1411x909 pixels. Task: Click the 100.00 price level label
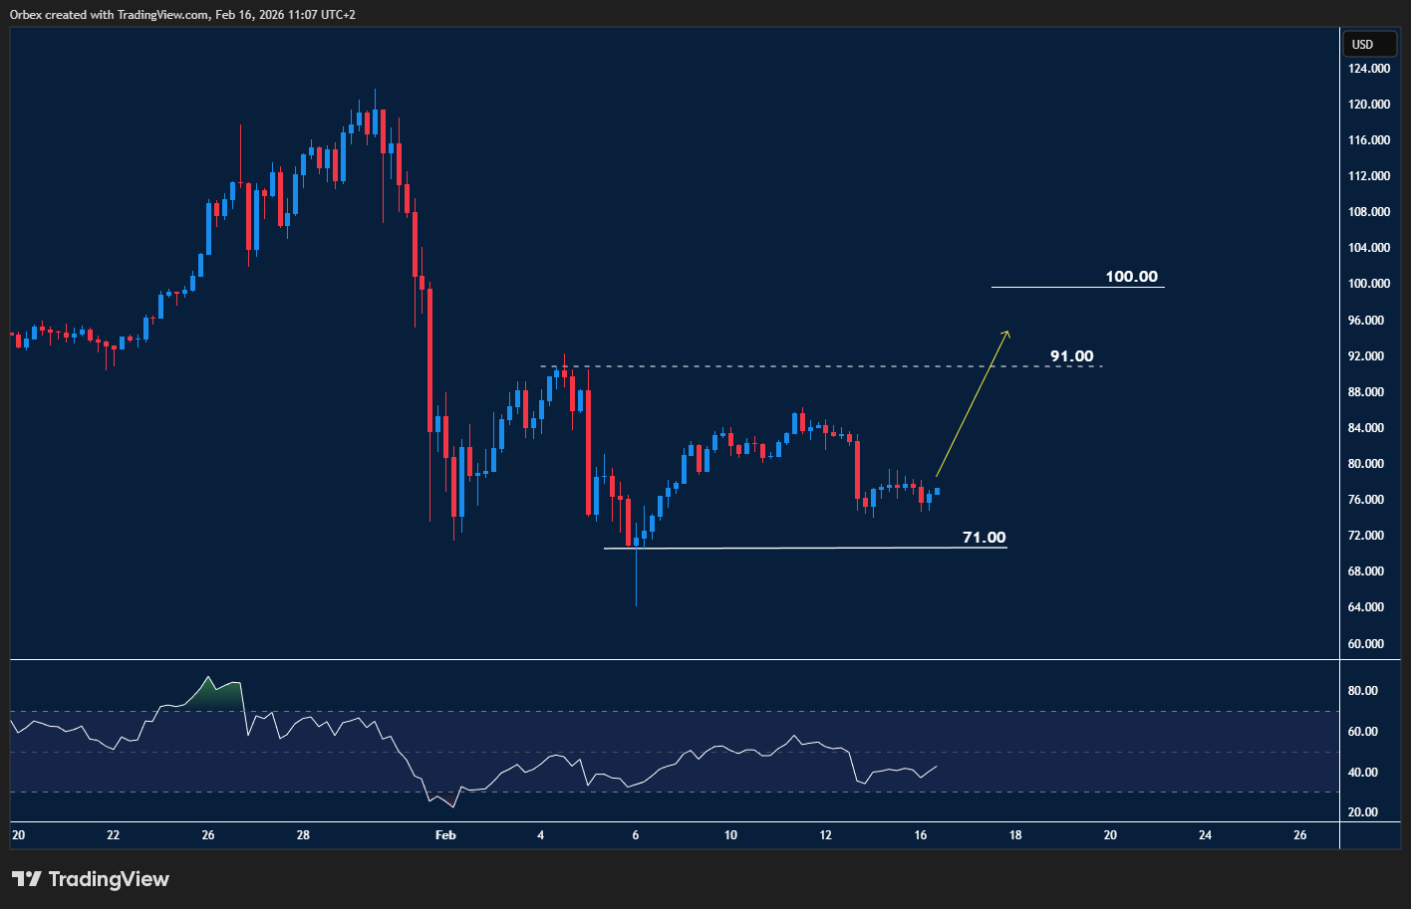[x=1131, y=277]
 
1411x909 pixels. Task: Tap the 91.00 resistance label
[x=1071, y=356]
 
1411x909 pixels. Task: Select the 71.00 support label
[x=984, y=538]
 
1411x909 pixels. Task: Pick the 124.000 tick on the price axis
[x=1369, y=69]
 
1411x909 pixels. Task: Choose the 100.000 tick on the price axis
[x=1369, y=284]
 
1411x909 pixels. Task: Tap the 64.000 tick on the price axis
[x=1369, y=607]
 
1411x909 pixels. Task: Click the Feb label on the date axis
[x=445, y=835]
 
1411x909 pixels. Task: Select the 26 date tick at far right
[x=1299, y=835]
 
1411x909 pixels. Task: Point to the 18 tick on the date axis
[x=1014, y=835]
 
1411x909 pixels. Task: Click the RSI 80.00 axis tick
[x=1362, y=691]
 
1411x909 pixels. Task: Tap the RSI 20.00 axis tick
[x=1362, y=812]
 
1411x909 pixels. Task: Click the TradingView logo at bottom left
[x=91, y=879]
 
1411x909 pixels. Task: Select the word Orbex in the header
[x=26, y=15]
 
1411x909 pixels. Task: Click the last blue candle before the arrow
[x=937, y=491]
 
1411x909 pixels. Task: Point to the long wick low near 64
[x=636, y=601]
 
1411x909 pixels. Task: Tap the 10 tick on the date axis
[x=730, y=835]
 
